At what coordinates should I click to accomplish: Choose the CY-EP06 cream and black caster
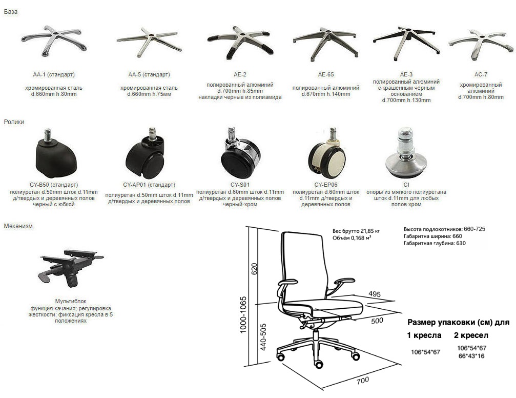(327, 153)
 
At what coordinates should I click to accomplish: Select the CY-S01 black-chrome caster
(240, 153)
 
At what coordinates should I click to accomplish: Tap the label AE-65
(326, 74)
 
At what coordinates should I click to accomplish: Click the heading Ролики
(14, 122)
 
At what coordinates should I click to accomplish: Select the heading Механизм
(18, 226)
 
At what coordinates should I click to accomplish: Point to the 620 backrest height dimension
(254, 269)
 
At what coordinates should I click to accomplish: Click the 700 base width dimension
(363, 380)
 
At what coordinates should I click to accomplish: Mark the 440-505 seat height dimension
(263, 337)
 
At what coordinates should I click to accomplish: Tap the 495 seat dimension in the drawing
(375, 293)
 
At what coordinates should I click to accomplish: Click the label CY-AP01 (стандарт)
(149, 185)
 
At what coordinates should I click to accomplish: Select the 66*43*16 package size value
(471, 356)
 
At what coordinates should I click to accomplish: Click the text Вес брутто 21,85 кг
(356, 231)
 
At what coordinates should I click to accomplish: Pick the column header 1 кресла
(424, 335)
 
